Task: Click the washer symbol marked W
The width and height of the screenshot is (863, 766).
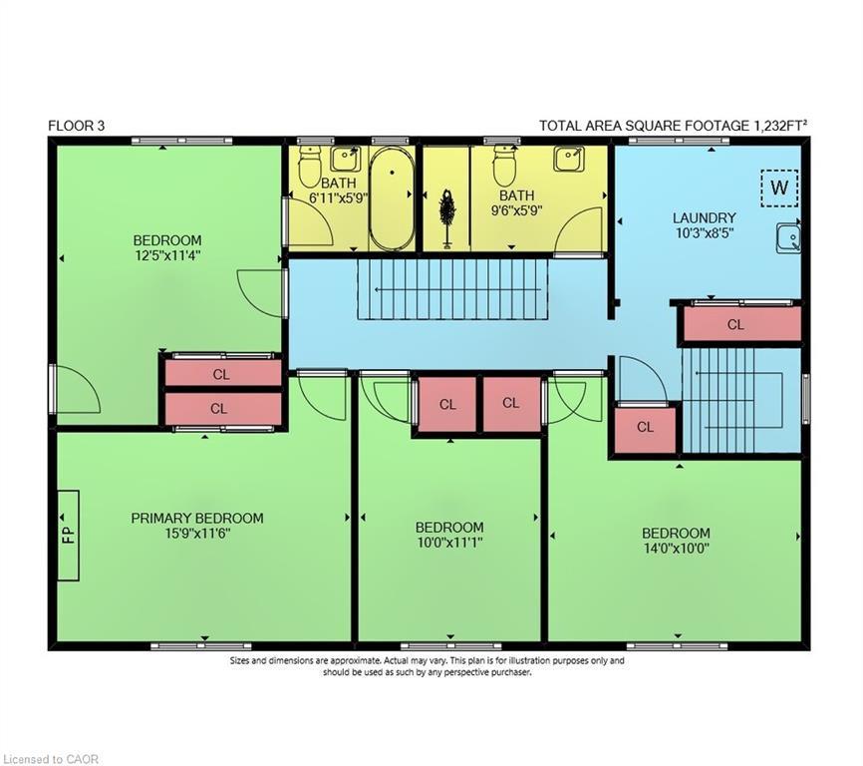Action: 779,189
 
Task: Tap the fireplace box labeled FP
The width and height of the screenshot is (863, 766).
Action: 69,536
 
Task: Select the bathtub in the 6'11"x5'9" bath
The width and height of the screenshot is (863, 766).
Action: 392,197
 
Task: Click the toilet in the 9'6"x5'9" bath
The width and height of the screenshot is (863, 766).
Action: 503,165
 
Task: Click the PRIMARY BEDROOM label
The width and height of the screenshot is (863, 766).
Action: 197,519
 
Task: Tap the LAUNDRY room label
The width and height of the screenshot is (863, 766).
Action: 704,218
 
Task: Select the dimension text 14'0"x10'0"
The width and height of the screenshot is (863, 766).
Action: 676,549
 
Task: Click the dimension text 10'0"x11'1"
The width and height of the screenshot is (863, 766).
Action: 449,543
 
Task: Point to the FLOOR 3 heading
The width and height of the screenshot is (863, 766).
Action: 76,126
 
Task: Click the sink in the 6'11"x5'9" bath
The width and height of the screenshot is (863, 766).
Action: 345,160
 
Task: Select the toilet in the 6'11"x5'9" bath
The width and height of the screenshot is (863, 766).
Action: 310,166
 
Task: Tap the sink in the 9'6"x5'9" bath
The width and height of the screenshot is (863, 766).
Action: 569,160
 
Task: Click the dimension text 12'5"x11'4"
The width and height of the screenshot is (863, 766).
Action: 167,256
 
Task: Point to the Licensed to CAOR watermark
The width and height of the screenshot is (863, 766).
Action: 50,759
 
